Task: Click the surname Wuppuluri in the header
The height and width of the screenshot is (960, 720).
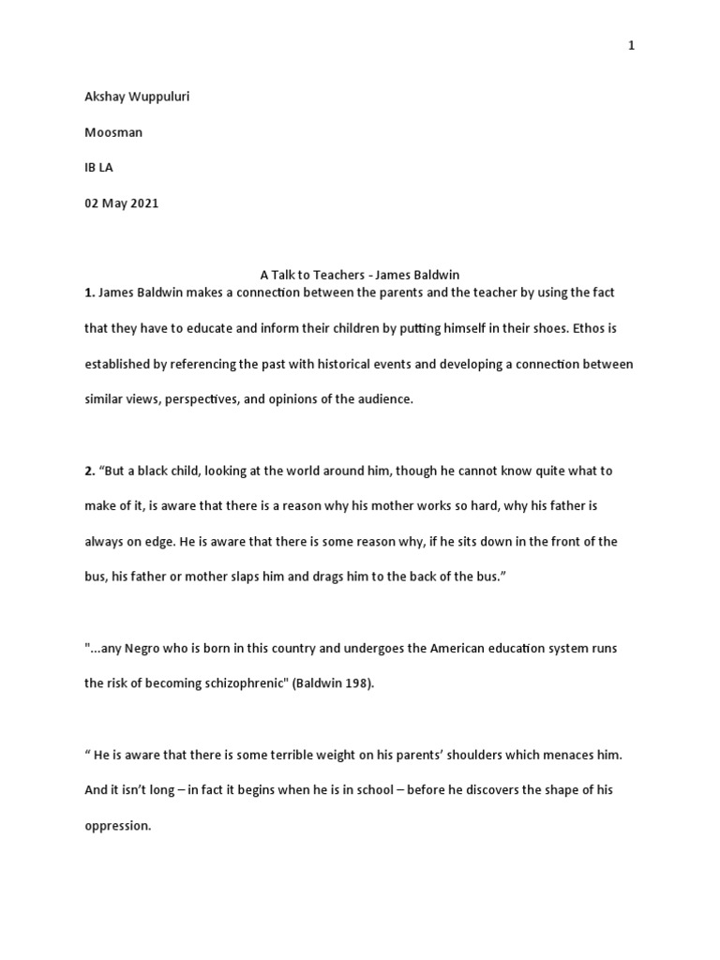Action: [x=157, y=97]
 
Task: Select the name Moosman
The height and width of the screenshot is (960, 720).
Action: [x=113, y=133]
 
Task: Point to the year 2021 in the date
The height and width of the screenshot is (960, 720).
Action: [x=142, y=204]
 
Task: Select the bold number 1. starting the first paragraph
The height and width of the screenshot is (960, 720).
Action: [x=90, y=292]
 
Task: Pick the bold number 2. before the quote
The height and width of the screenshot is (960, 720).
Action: [x=90, y=471]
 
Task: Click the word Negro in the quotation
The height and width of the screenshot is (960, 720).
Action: [x=142, y=649]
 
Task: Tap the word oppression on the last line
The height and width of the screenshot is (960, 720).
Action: [x=117, y=827]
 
